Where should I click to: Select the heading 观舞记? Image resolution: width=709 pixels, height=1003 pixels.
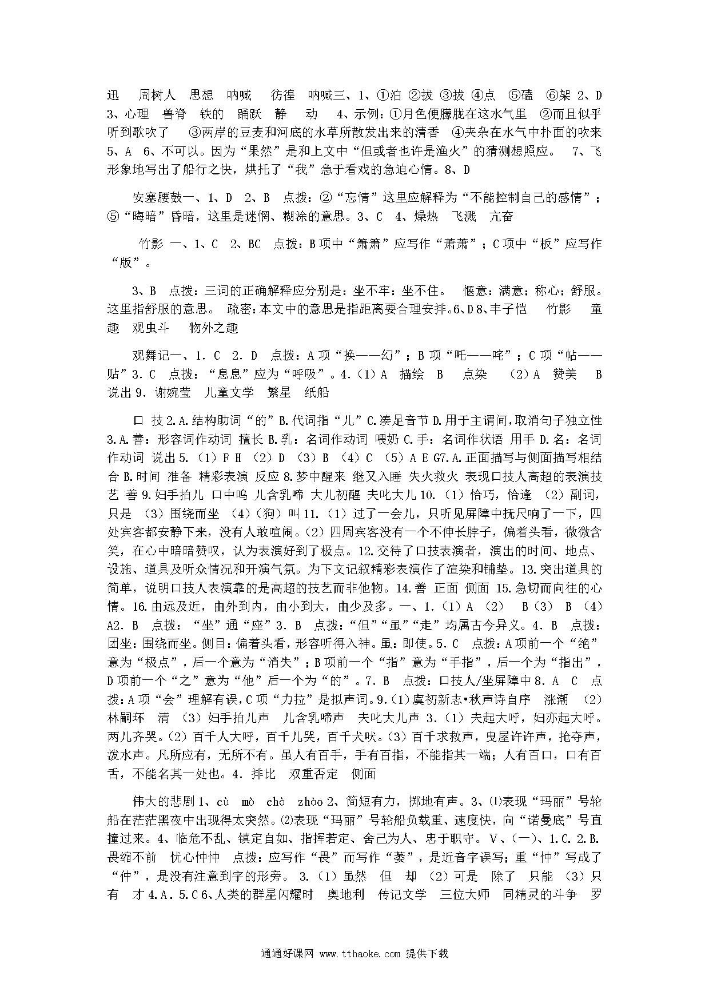pyautogui.click(x=150, y=356)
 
